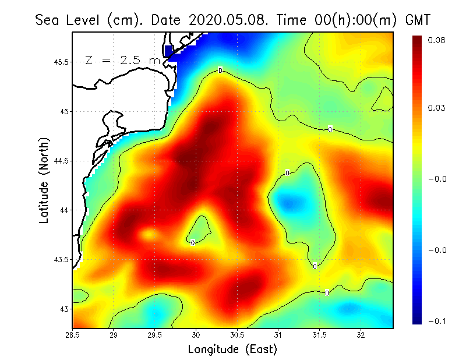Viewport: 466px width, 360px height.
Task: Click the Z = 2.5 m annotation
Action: [122, 59]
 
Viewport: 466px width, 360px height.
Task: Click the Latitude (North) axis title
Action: [44, 180]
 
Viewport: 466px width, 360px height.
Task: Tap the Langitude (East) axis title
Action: [232, 350]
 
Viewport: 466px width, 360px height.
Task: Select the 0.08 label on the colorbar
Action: [437, 40]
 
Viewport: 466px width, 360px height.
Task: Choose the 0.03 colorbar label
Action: [437, 108]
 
